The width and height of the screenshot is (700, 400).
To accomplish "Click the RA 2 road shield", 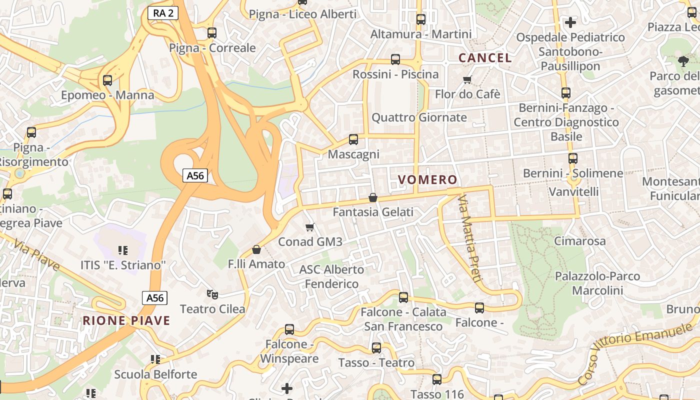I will [x=163, y=13].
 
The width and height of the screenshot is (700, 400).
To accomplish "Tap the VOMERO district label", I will [x=427, y=180].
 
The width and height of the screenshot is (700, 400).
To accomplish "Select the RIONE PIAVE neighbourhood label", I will [x=126, y=320].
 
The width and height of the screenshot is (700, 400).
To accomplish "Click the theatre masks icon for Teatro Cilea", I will [x=212, y=294].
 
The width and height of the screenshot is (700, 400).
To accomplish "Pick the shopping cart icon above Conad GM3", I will [x=310, y=227].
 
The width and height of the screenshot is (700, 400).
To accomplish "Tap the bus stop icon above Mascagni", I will [x=353, y=139].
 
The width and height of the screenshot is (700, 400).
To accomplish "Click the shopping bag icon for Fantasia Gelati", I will [x=372, y=197].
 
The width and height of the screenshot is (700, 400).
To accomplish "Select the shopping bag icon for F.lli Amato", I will [x=256, y=249].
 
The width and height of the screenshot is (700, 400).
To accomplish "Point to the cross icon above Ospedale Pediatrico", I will [x=570, y=22].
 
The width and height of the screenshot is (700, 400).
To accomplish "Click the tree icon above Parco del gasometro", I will [x=683, y=61].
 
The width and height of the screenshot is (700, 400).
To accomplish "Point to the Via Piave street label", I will [x=37, y=255].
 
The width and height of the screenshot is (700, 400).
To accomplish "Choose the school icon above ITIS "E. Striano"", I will [x=123, y=250].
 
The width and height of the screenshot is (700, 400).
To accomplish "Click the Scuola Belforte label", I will [x=155, y=374].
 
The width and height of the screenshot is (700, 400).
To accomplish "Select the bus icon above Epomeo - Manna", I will [x=107, y=80].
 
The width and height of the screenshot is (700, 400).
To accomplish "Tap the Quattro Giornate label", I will [x=419, y=117].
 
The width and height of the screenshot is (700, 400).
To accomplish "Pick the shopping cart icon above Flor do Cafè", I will [x=467, y=79].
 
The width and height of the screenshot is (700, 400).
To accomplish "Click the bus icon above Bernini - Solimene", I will [x=573, y=158].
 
